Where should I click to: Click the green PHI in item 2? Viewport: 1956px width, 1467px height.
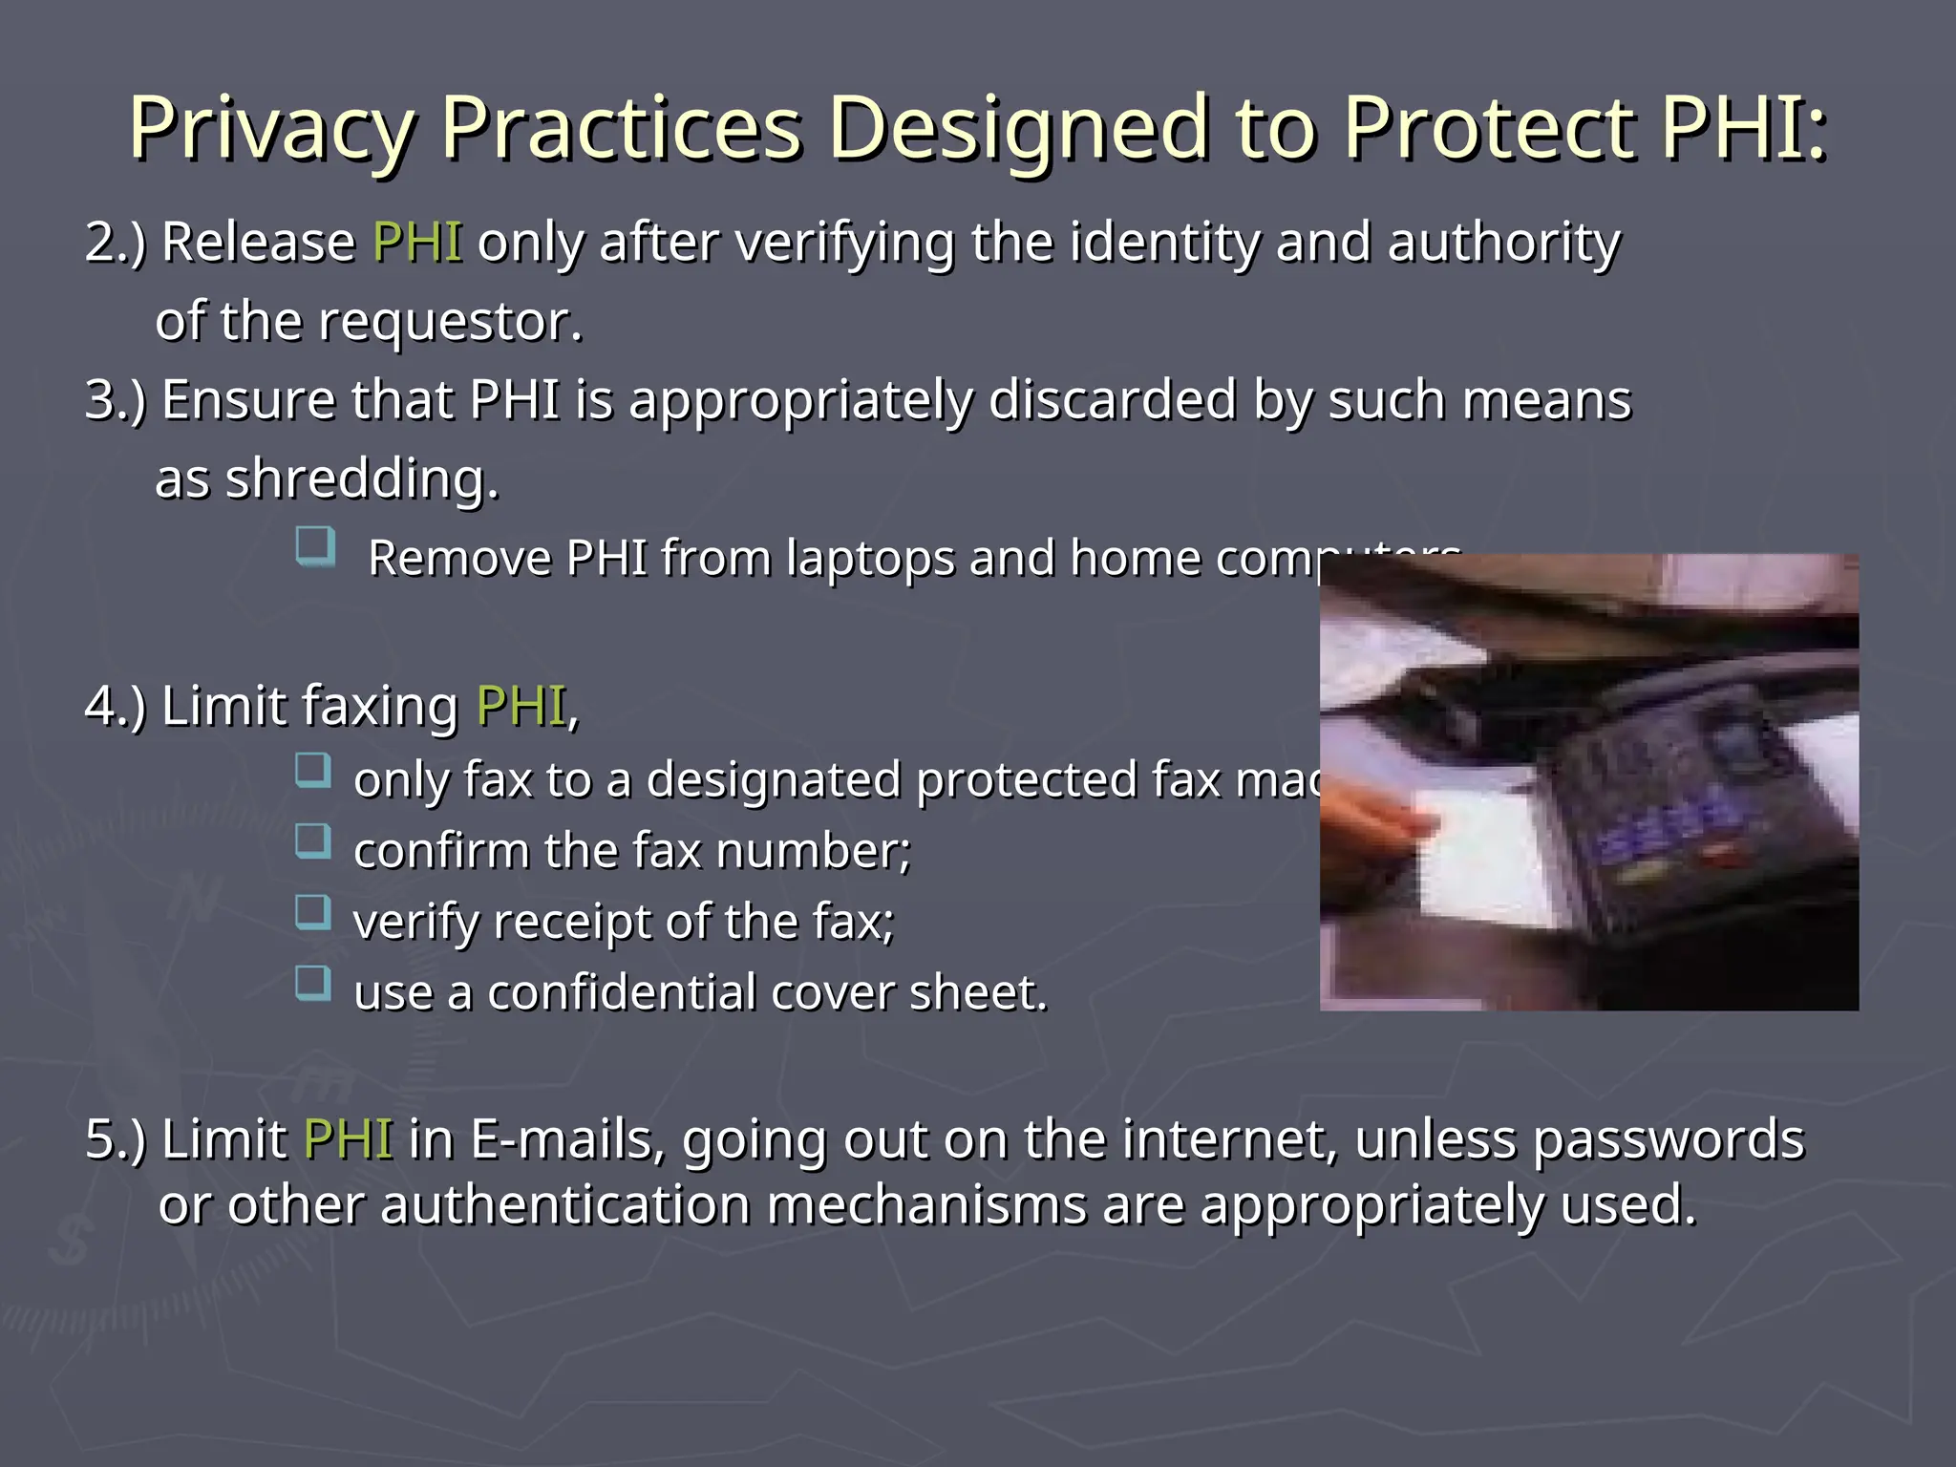pyautogui.click(x=417, y=242)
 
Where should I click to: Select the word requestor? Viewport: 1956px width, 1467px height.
pyautogui.click(x=449, y=322)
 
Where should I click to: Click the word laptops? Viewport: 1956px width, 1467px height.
pyautogui.click(x=870, y=558)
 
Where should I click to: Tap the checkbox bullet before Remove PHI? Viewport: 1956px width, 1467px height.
pyautogui.click(x=315, y=547)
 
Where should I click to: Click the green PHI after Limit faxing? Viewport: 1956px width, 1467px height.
pyautogui.click(x=521, y=707)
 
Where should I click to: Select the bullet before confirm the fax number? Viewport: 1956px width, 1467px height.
pyautogui.click(x=313, y=841)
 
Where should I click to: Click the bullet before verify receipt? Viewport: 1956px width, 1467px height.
pyautogui.click(x=313, y=912)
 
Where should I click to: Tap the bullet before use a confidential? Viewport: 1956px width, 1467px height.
pyautogui.click(x=313, y=983)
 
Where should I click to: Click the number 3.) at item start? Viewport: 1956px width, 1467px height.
pyautogui.click(x=116, y=400)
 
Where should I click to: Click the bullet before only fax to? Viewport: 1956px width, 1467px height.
pyautogui.click(x=313, y=770)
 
